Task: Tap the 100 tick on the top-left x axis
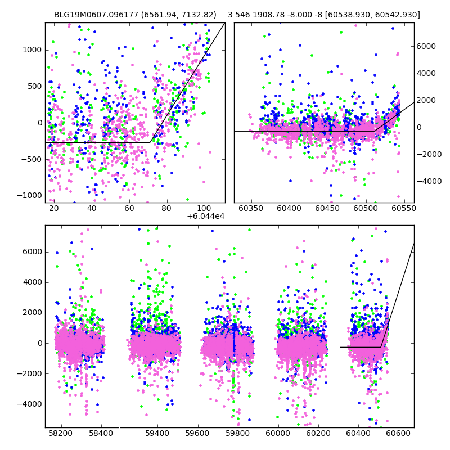click(205, 208)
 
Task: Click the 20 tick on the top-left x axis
click(54, 208)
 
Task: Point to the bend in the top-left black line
click(151, 142)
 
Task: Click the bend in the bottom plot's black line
click(381, 347)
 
